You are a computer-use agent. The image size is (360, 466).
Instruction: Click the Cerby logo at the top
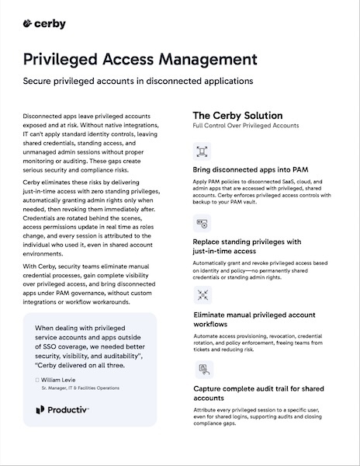(x=44, y=24)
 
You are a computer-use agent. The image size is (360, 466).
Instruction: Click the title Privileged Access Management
(x=140, y=60)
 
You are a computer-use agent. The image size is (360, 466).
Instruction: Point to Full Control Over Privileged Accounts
(x=245, y=125)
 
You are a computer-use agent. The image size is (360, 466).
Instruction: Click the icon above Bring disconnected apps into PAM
(x=202, y=151)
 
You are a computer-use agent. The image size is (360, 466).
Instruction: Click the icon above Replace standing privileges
(x=202, y=224)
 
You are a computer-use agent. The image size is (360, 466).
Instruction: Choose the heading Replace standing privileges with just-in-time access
(x=251, y=246)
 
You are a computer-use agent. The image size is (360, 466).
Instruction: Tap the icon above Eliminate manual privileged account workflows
(x=202, y=296)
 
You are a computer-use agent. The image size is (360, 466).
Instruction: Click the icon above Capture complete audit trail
(x=202, y=368)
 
